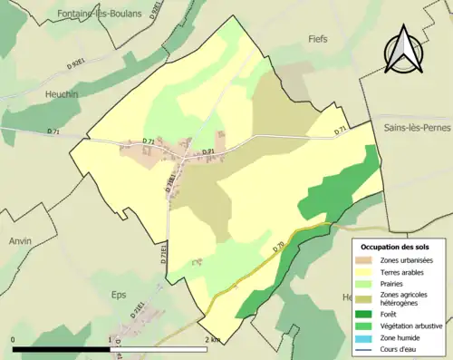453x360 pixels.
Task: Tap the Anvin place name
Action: coord(20,240)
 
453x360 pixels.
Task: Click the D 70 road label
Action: coord(278,245)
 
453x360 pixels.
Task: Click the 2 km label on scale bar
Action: coord(211,339)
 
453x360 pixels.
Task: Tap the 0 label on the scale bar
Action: coord(14,339)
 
